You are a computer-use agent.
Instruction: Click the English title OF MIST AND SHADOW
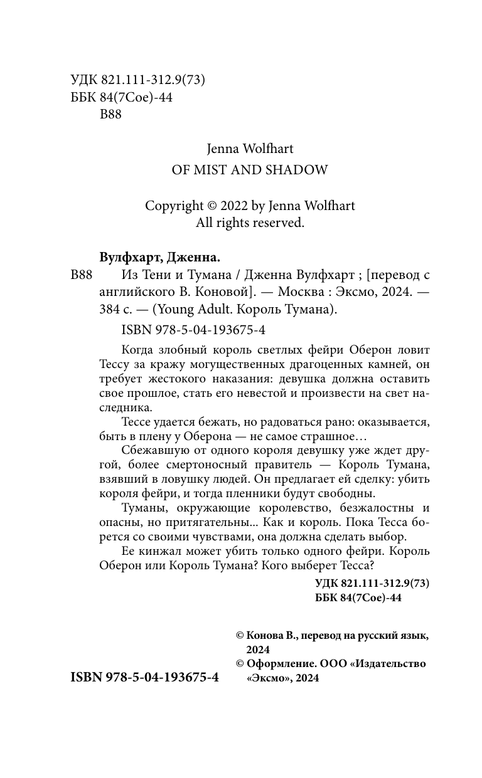[250, 170]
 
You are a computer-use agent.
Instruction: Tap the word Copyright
[174, 206]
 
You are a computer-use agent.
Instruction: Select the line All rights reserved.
[250, 222]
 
